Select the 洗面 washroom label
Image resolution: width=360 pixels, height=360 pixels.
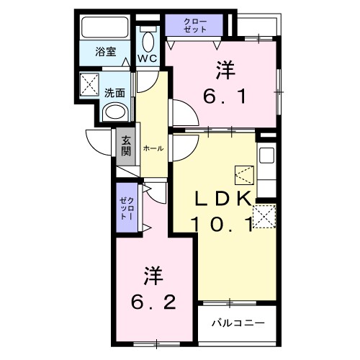[x=114, y=92]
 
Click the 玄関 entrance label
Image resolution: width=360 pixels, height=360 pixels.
[x=126, y=147]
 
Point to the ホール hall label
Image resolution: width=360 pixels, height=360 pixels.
[x=153, y=148]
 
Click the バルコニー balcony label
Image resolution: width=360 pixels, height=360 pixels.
[x=238, y=323]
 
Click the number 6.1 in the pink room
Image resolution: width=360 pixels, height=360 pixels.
[x=224, y=95]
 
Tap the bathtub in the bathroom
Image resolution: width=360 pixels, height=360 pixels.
[x=104, y=27]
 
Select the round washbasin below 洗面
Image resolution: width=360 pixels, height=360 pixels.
[x=115, y=112]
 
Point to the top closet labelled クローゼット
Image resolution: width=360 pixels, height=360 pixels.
[x=195, y=25]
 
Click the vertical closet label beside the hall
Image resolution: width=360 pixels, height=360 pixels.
[x=125, y=207]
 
